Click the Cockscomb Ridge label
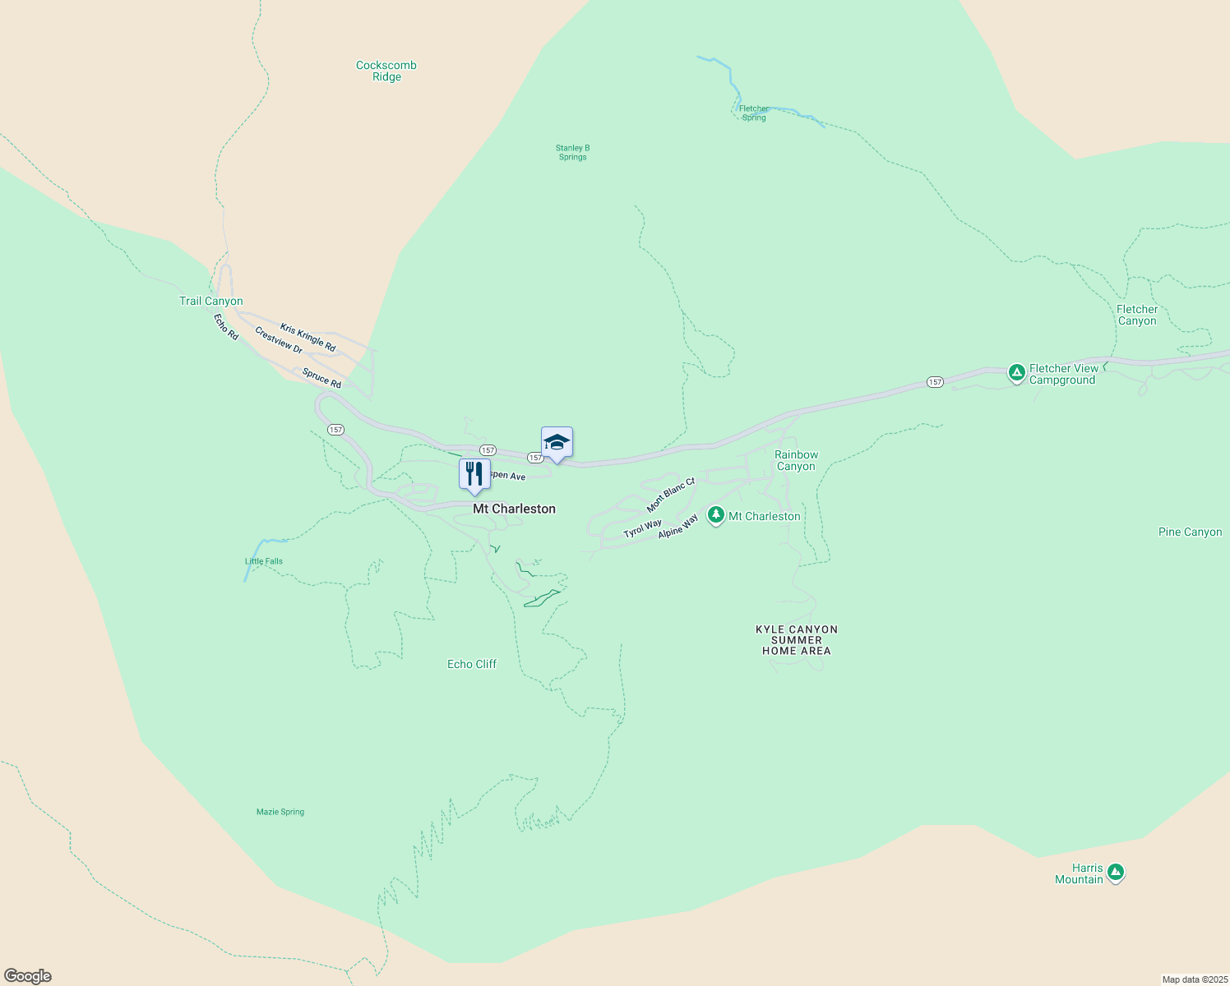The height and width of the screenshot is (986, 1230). [386, 71]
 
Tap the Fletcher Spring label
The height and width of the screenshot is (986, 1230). [754, 113]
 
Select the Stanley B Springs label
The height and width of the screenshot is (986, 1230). [572, 152]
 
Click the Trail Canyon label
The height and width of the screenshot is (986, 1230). [211, 302]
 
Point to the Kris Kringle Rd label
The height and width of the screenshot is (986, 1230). [307, 338]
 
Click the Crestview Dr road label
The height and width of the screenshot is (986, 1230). [279, 340]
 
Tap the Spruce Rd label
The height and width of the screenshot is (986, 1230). [321, 378]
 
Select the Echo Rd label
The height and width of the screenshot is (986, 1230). [226, 327]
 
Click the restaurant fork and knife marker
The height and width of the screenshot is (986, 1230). [474, 474]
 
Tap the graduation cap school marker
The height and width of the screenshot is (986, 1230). [557, 443]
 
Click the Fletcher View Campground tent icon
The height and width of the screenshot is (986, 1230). [1017, 373]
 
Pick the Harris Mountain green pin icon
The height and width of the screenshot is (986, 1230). [1115, 872]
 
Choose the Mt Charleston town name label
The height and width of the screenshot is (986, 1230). [514, 509]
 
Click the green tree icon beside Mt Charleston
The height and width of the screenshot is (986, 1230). [716, 515]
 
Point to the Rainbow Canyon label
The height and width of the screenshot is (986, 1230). [796, 460]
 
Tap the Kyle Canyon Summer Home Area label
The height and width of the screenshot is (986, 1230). [797, 640]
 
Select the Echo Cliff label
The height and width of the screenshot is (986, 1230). [472, 664]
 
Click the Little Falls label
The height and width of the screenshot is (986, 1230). [264, 561]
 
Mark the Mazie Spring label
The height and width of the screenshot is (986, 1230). [280, 812]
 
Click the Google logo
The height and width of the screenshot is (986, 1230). [28, 976]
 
